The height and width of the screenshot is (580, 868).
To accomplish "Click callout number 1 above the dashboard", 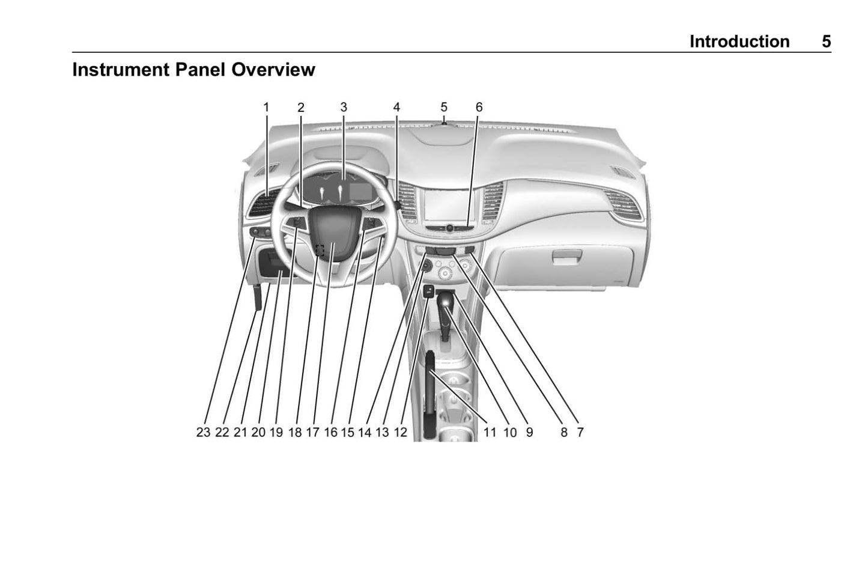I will click(266, 108).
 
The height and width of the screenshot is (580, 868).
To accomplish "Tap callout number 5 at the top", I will click(444, 108).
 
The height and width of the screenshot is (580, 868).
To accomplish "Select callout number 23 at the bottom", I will click(203, 432).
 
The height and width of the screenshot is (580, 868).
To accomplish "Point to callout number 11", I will click(490, 432).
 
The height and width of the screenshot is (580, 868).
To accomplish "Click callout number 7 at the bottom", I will click(580, 432).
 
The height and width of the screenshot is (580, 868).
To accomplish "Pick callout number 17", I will click(312, 432).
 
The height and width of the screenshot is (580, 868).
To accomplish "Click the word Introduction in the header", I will click(739, 41).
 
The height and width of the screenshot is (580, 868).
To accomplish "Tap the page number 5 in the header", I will click(827, 41).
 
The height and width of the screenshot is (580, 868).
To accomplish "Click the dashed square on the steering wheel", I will click(320, 250).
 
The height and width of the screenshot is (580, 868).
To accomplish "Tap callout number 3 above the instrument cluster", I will click(344, 108).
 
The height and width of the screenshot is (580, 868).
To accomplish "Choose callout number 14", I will click(365, 432).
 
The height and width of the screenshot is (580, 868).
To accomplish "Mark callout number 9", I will click(529, 432).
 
